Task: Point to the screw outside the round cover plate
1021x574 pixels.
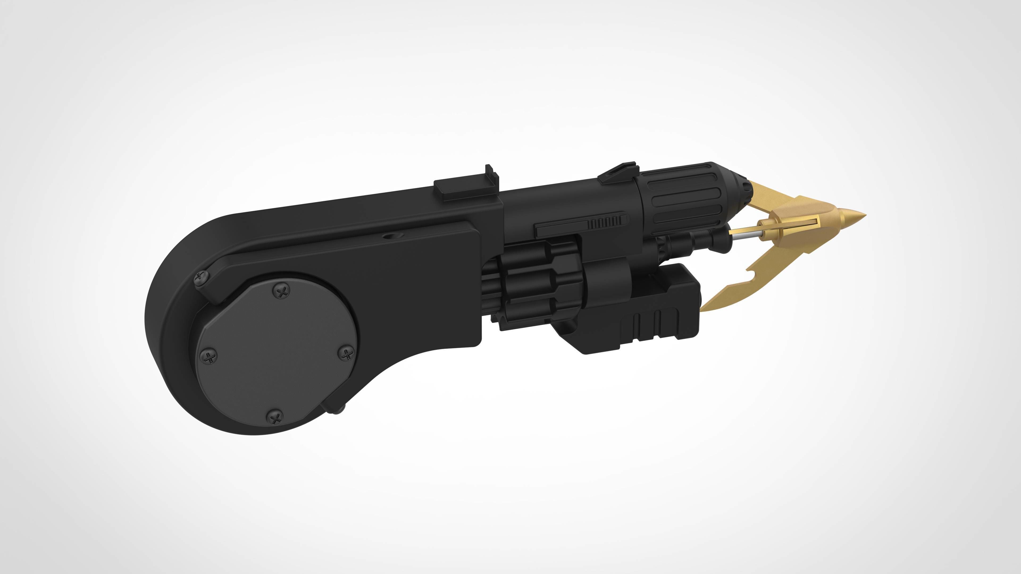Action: tap(201, 278)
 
